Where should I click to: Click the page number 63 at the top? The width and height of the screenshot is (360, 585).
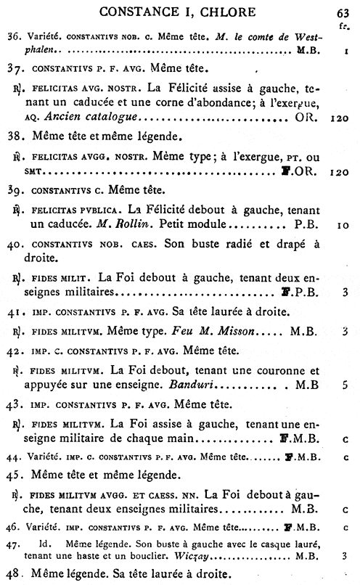[x=343, y=12]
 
